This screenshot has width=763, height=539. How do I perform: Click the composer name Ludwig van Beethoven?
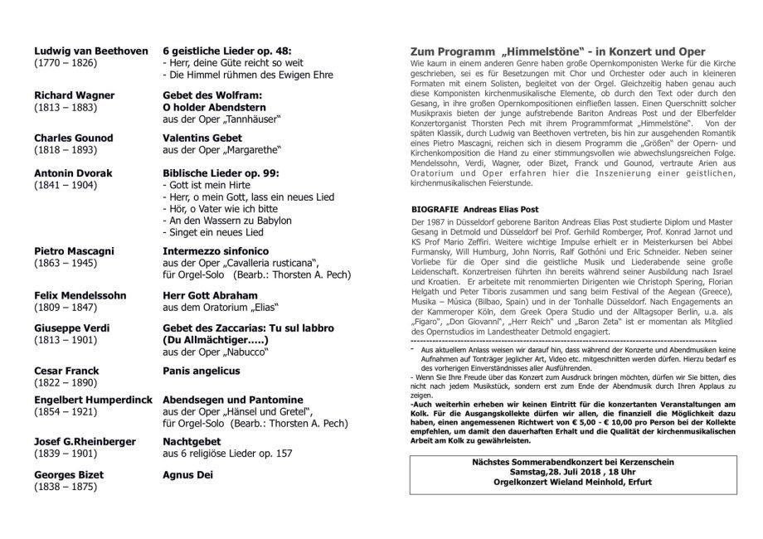[x=90, y=50]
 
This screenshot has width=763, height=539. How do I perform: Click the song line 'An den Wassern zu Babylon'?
[x=228, y=221]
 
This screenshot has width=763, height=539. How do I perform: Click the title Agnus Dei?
[x=188, y=475]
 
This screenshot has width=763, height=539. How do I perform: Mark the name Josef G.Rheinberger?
[x=85, y=441]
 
